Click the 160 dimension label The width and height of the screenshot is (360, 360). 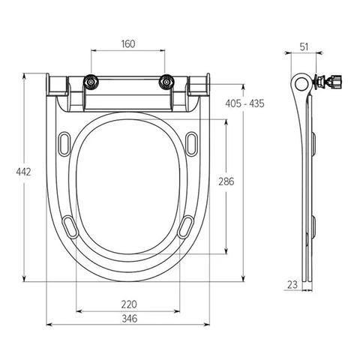[128, 44]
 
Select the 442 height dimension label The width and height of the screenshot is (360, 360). [23, 172]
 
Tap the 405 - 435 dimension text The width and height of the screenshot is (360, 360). [244, 103]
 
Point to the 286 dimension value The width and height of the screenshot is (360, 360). [226, 181]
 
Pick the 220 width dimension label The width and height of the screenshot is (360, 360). [129, 304]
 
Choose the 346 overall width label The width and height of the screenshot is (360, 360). [130, 319]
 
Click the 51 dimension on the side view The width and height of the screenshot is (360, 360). [304, 47]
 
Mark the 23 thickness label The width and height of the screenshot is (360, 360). [292, 284]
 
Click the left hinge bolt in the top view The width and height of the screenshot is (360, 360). [90, 82]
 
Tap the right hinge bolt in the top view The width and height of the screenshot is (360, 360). [166, 82]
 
